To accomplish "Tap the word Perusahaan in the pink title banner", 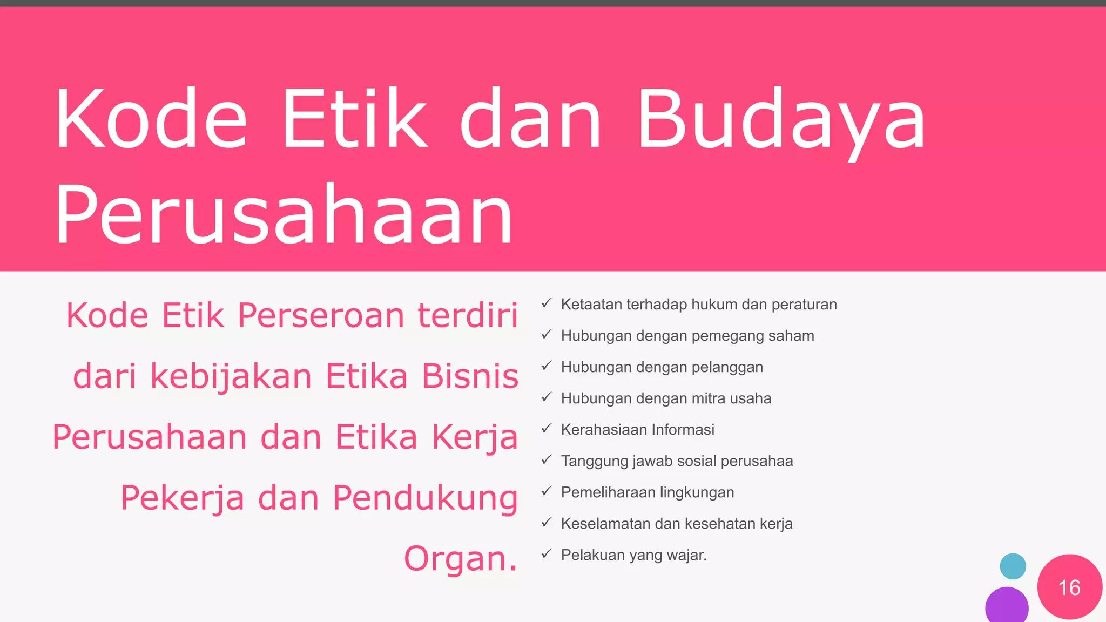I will pos(284,215).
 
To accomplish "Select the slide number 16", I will pos(1069,587).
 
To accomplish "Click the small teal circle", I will pos(1013,566).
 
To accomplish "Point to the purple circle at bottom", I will pos(1007,606).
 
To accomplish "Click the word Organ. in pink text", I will pos(461,558).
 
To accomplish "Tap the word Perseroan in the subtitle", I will pos(321,315).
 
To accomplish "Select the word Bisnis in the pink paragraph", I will pos(470,376).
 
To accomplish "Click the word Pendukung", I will pos(425,498).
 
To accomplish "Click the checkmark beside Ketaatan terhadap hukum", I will pos(546,303).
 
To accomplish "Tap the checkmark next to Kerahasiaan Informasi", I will pos(546,429).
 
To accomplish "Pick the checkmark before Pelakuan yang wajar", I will pos(546,554).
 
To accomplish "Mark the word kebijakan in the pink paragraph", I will pos(231,376).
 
